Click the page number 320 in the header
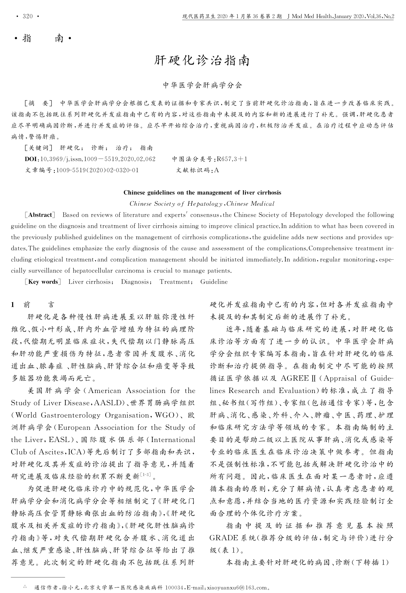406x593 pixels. [x=27, y=16]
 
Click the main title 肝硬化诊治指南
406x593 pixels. [x=202, y=61]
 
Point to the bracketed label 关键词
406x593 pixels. [x=39, y=148]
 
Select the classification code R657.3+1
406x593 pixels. [x=232, y=159]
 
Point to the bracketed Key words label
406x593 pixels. [x=43, y=282]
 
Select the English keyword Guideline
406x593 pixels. [x=214, y=282]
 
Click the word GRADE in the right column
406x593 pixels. [x=224, y=538]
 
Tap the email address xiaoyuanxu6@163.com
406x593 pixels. [x=236, y=588]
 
